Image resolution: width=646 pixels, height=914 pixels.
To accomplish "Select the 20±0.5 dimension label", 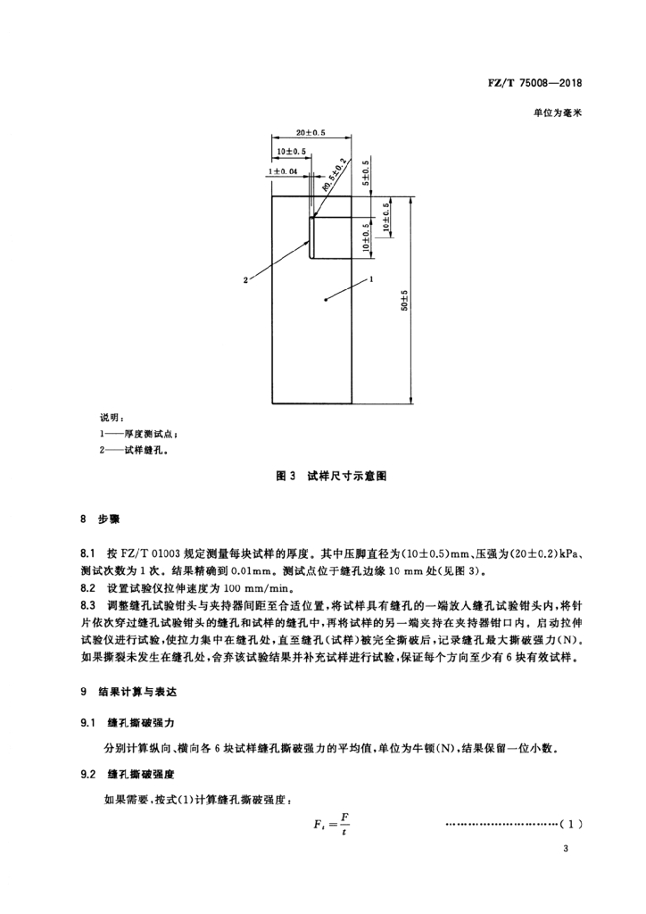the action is (311, 133).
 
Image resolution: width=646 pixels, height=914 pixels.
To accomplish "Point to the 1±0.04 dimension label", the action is (281, 170).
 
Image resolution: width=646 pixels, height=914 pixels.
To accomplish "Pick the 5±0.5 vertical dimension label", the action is (366, 175).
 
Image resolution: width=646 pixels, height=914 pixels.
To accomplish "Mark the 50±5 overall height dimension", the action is (404, 302).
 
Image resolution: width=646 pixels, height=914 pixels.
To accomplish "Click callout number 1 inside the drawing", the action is (370, 278).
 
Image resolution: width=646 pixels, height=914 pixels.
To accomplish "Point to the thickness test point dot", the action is (327, 300).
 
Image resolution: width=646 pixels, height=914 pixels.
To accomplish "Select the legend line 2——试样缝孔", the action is (133, 451).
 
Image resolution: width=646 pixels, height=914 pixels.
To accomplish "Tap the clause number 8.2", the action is (87, 587).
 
